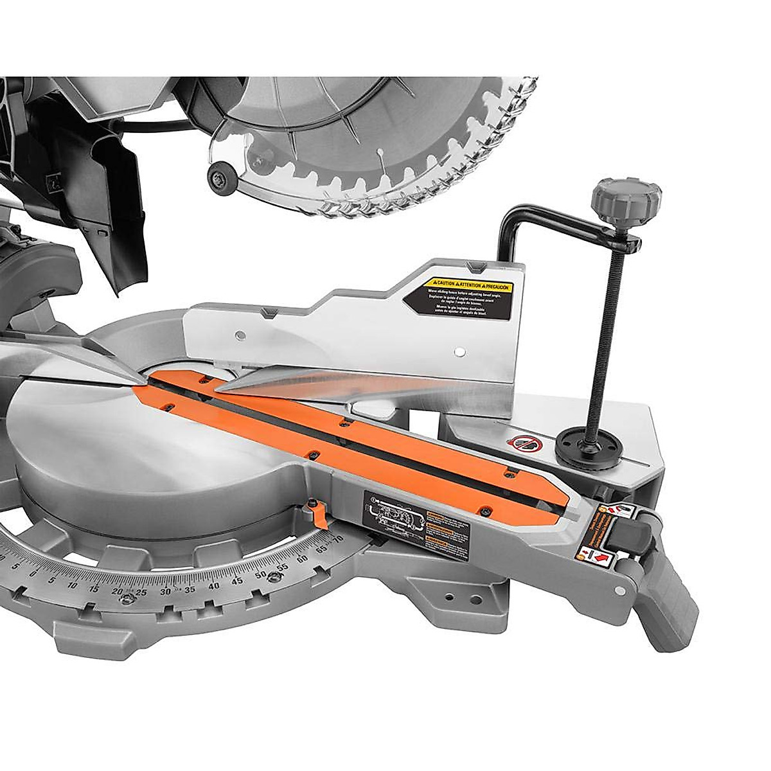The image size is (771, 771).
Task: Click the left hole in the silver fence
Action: [x=239, y=334]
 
